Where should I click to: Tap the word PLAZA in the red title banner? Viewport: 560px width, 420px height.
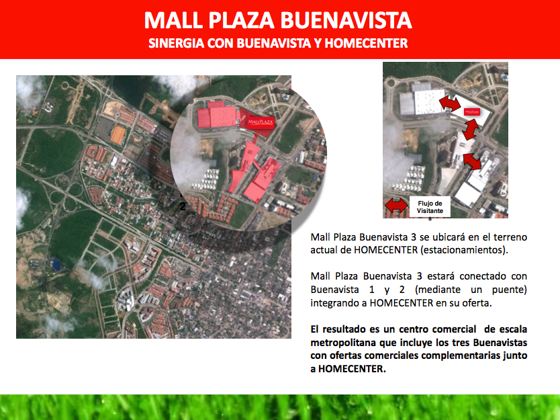click(x=241, y=20)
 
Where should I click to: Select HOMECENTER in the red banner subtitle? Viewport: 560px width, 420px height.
click(x=366, y=43)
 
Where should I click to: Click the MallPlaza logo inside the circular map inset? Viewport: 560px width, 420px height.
click(x=261, y=122)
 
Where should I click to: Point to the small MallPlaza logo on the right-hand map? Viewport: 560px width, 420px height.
click(x=472, y=112)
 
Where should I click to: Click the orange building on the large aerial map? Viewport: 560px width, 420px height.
click(x=118, y=135)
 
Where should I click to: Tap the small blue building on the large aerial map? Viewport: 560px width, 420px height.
click(x=56, y=264)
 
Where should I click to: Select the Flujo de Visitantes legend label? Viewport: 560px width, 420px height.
click(x=430, y=208)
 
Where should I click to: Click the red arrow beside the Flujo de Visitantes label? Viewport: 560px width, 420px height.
click(x=396, y=206)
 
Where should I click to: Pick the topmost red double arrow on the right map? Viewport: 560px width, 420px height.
click(x=450, y=103)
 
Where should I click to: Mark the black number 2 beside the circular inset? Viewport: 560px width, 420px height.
click(x=183, y=206)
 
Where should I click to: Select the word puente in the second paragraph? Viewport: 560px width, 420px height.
click(x=509, y=290)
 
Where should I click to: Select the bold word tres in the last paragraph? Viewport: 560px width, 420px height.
click(x=461, y=343)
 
